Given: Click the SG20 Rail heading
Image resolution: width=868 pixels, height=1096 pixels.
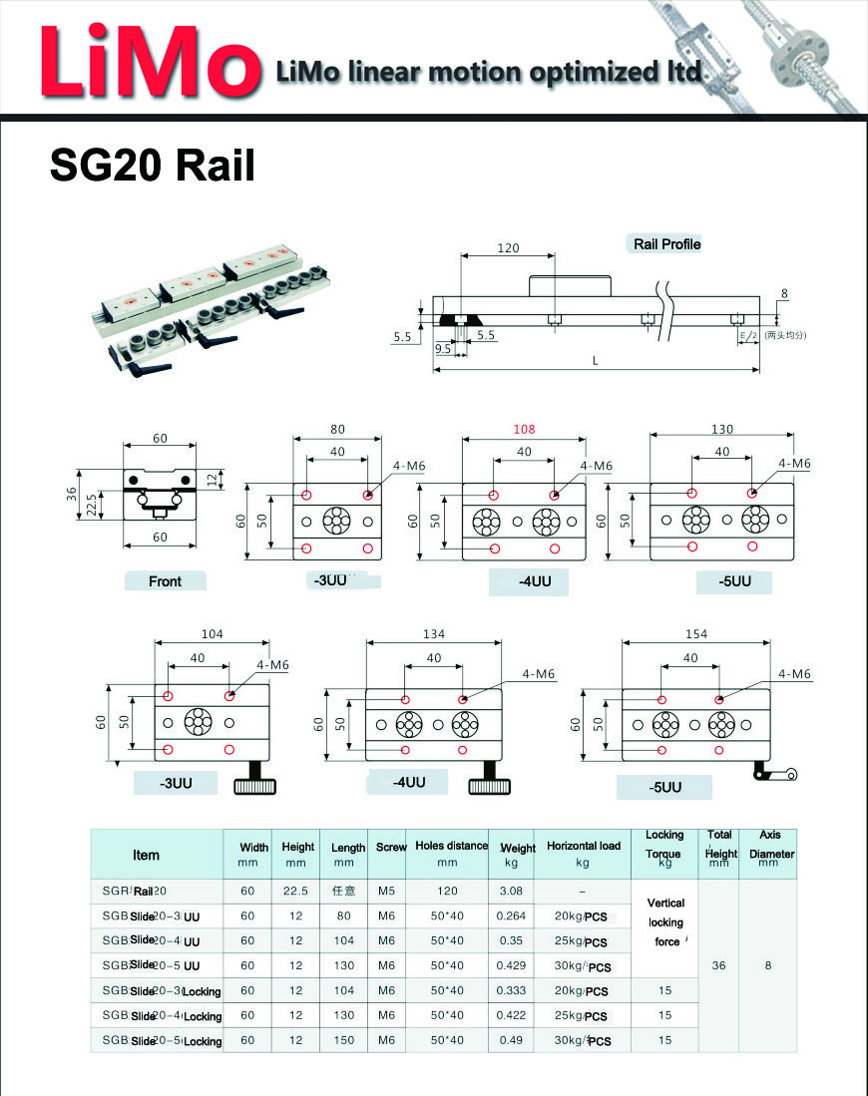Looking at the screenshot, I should (152, 166).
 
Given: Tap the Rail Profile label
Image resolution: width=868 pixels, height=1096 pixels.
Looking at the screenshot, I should (667, 244).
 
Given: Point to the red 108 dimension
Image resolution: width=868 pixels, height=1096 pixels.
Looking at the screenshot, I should (524, 430).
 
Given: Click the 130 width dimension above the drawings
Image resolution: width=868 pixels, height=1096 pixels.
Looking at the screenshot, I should (721, 430).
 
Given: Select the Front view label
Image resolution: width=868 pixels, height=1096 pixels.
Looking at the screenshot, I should (165, 581).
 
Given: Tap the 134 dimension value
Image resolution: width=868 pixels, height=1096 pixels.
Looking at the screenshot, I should (434, 634).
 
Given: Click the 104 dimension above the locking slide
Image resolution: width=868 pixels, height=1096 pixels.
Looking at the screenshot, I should (213, 634).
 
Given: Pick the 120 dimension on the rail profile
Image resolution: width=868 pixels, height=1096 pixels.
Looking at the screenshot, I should (509, 248).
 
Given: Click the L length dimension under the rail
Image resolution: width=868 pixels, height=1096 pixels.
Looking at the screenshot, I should (596, 361).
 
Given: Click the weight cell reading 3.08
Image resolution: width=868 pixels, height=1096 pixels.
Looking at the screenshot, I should (511, 891).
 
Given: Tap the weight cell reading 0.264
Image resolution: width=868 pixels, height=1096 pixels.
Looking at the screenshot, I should (511, 916).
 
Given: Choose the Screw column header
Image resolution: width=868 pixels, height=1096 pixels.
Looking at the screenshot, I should (391, 848).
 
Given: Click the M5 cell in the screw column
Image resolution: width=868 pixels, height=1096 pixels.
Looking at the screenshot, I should (387, 891).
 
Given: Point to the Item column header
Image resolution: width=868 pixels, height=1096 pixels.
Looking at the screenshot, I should (146, 855).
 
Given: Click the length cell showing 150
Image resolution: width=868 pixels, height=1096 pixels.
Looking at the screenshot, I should (343, 1040).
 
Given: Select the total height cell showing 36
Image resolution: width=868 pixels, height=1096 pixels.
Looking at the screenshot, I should (717, 965).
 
